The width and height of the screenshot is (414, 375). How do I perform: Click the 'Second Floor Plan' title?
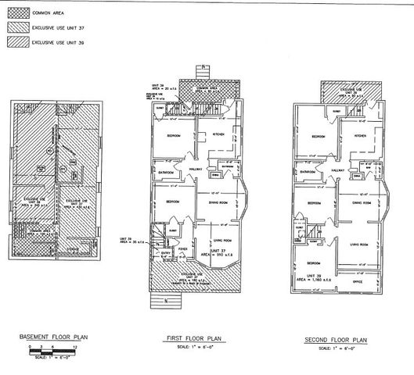(x=333, y=341)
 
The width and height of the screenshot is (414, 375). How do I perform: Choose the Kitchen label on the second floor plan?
(x=358, y=136)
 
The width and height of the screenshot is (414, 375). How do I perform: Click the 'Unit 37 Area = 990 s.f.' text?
(x=214, y=253)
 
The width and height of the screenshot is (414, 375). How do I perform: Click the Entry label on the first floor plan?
(x=165, y=252)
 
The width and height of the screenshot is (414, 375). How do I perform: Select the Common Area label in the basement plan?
(x=37, y=231)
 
